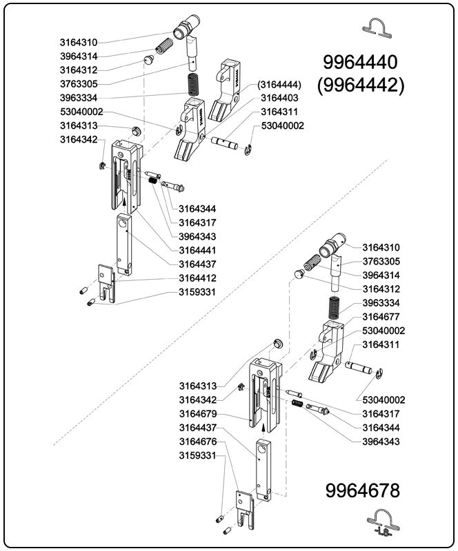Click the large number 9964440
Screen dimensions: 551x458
coord(361,63)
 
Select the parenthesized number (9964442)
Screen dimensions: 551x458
coord(361,85)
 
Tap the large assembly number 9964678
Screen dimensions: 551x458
coord(361,492)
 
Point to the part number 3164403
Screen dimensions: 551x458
coord(279,98)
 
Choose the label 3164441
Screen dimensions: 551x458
coord(197,249)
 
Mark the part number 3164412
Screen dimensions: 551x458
coord(197,278)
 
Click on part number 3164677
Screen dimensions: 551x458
coord(381,317)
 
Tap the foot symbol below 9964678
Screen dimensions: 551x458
coord(380,522)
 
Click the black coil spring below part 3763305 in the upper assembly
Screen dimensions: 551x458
coord(194,85)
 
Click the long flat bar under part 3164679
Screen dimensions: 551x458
coord(263,468)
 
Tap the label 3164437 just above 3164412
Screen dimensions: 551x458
coord(197,264)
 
